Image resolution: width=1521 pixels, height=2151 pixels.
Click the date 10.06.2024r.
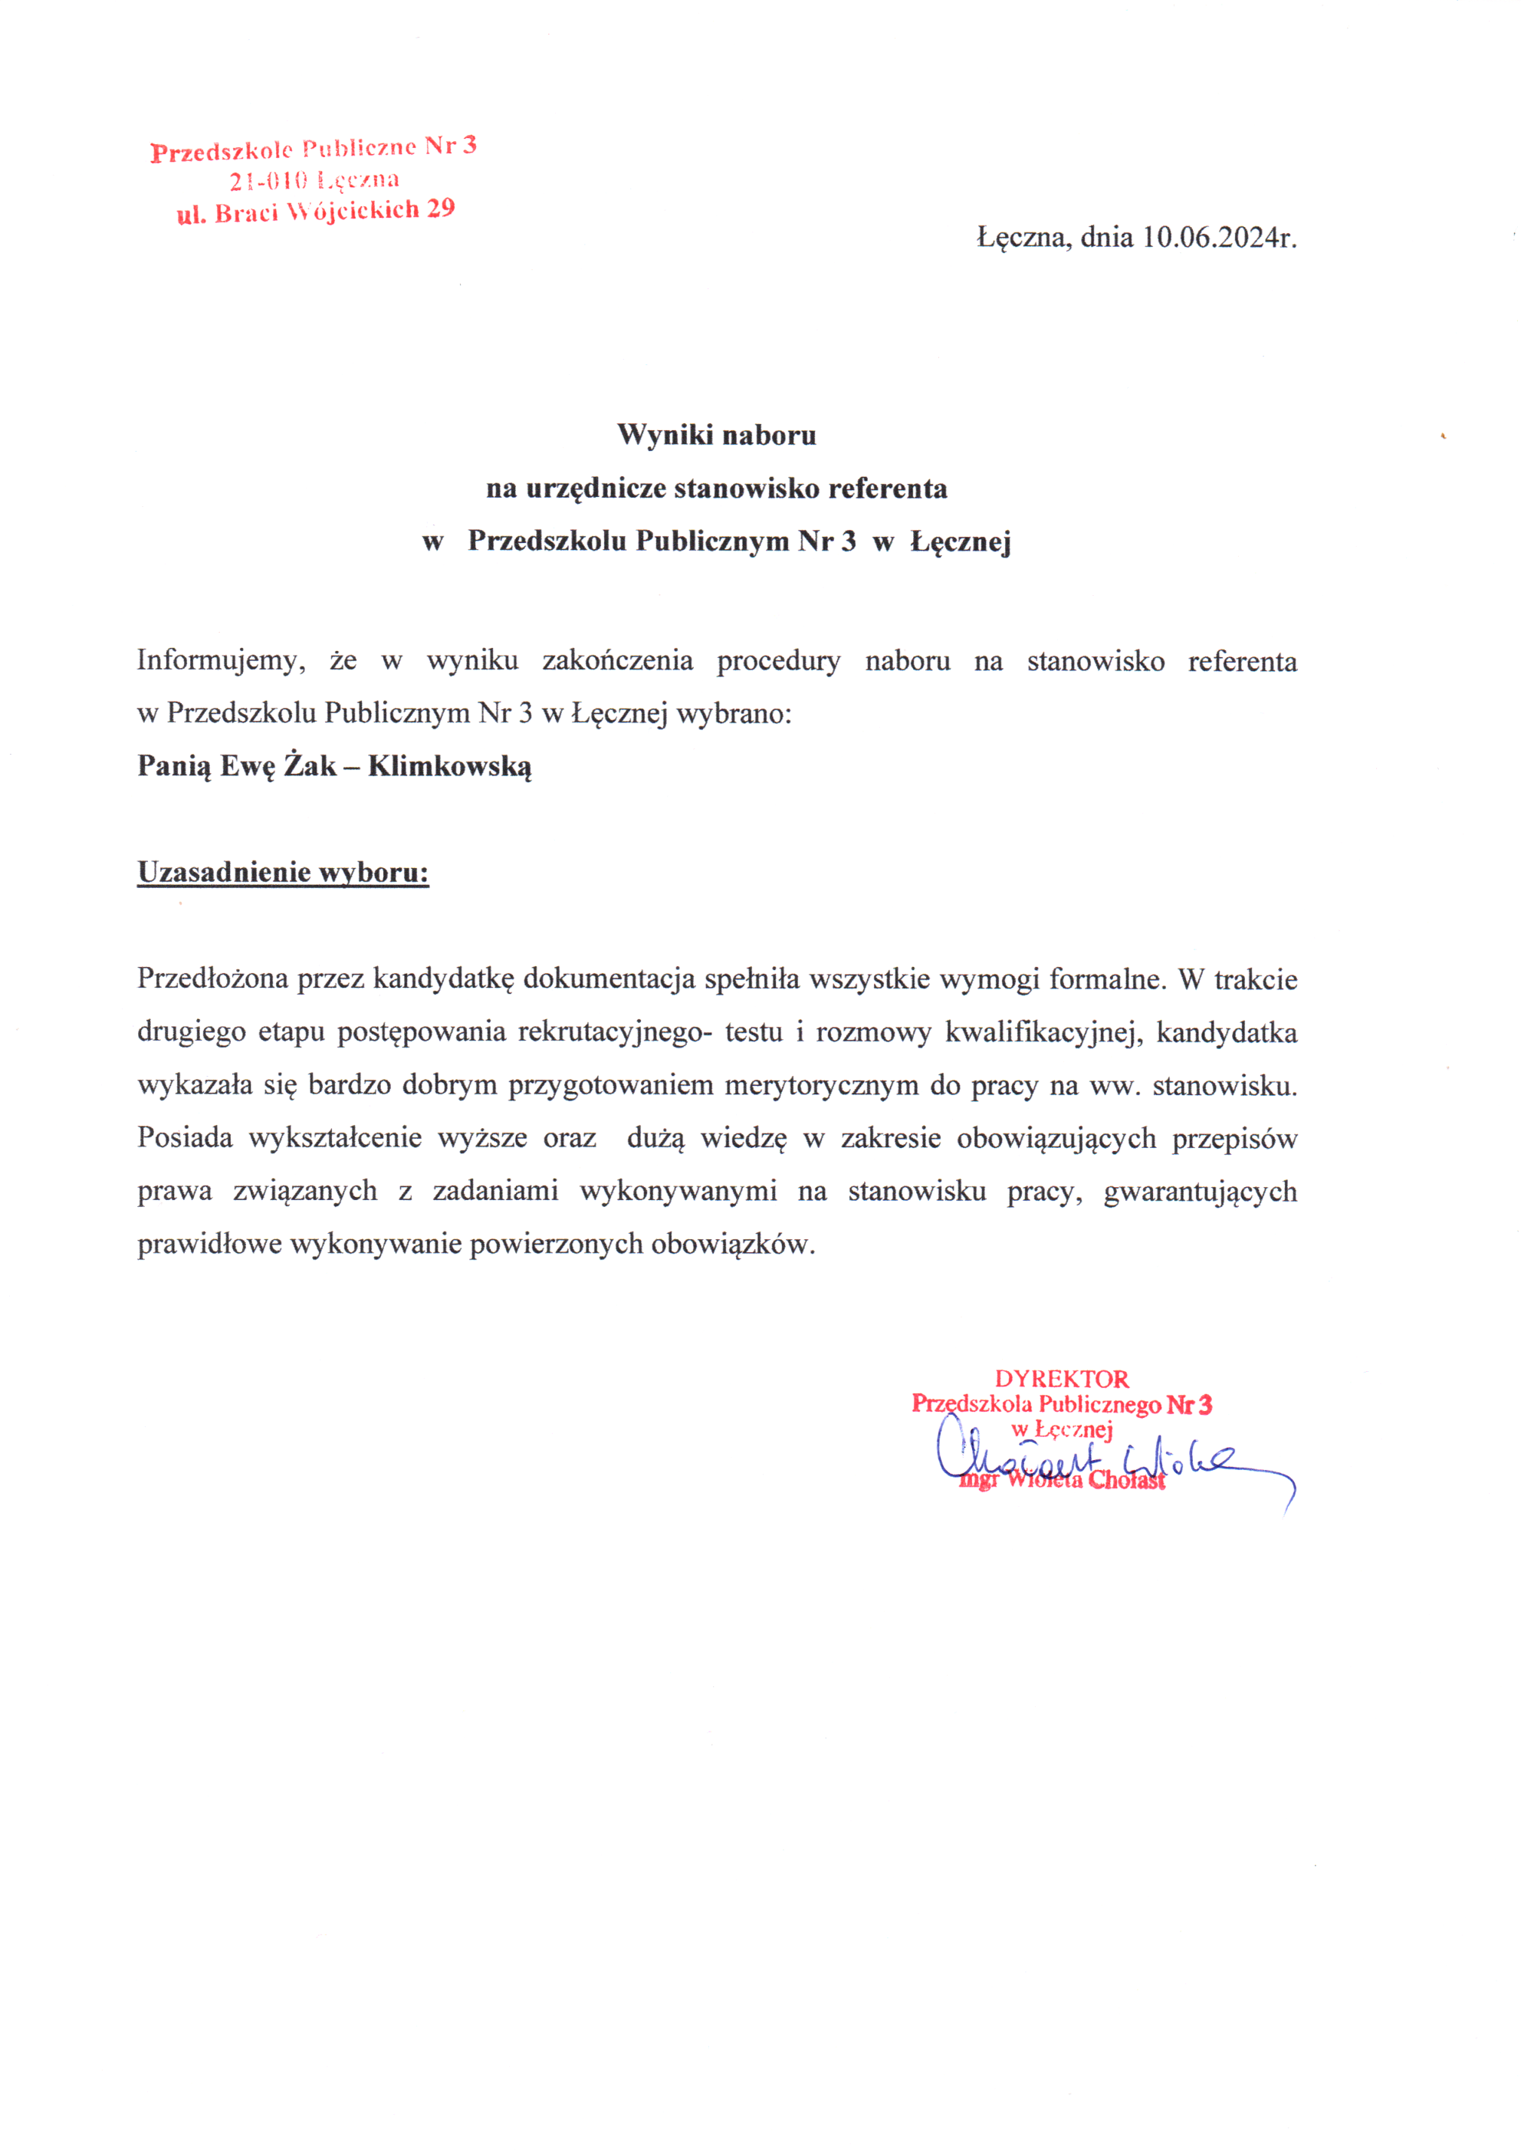(1218, 237)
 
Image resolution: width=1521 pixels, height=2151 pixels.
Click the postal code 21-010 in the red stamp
(267, 182)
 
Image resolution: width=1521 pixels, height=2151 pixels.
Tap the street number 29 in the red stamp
(441, 208)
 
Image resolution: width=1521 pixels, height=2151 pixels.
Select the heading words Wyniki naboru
(717, 435)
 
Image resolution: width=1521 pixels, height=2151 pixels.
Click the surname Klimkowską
(449, 766)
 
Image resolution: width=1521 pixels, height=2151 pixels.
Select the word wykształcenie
(335, 1138)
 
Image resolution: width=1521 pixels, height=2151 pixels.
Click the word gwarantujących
(1200, 1192)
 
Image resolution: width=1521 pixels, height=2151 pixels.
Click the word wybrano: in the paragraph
(734, 714)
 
